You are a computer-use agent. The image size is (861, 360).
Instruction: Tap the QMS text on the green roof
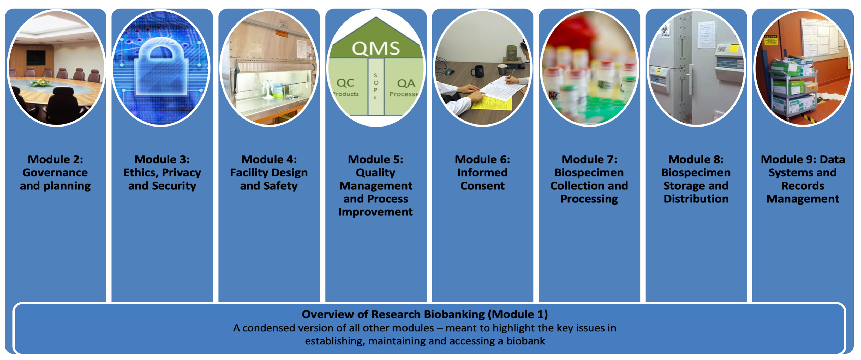pyautogui.click(x=376, y=49)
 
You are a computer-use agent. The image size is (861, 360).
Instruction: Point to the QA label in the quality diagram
pyautogui.click(x=406, y=83)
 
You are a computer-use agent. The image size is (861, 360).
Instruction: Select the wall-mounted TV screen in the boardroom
pyautogui.click(x=36, y=57)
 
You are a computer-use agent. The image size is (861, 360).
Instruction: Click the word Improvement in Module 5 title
pyautogui.click(x=375, y=212)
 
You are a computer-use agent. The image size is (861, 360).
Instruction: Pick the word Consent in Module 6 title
pyautogui.click(x=482, y=186)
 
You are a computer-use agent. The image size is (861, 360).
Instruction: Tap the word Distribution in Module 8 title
pyautogui.click(x=696, y=199)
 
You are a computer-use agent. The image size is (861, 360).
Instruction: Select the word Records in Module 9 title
pyautogui.click(x=803, y=186)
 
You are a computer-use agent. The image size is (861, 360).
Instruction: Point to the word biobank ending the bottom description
pyautogui.click(x=525, y=341)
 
